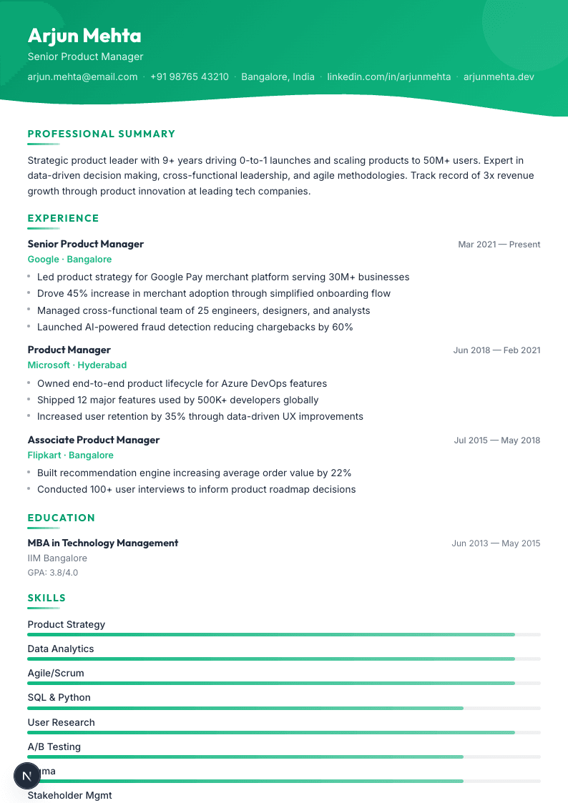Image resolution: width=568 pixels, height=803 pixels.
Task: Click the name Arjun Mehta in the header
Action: [x=84, y=36]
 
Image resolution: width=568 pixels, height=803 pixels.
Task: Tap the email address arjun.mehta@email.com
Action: [x=82, y=77]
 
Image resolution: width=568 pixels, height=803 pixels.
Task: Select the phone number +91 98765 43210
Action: [x=190, y=77]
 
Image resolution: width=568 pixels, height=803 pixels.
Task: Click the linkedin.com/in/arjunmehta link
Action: [x=389, y=77]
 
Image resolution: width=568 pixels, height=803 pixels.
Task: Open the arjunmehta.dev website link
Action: [x=499, y=77]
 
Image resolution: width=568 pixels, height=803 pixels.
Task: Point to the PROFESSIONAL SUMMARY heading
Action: [x=102, y=134]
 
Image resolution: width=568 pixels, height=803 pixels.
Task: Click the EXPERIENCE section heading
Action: [x=64, y=218]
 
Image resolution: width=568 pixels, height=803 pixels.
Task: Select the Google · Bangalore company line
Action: [x=69, y=260]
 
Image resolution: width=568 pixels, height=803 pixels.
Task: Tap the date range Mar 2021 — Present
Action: [x=499, y=245]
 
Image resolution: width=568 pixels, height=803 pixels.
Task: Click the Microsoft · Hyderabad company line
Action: [x=77, y=365]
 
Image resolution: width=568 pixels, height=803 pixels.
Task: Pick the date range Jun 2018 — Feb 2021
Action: [x=496, y=350]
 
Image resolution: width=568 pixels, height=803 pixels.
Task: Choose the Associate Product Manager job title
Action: [x=94, y=440]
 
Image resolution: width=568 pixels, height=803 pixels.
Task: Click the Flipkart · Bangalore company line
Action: [x=70, y=455]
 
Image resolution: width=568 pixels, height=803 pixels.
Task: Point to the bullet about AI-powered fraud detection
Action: [x=195, y=327]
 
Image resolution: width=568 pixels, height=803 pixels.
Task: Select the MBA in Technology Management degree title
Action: [x=103, y=543]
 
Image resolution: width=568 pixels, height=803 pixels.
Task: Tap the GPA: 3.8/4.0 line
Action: [x=53, y=573]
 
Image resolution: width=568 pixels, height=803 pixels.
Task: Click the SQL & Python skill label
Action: [x=59, y=698]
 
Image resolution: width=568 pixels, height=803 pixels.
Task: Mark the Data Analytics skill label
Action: [x=61, y=649]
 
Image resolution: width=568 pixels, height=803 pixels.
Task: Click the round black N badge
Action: [x=27, y=776]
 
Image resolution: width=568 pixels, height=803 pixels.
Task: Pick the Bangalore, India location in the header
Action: [x=278, y=77]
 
